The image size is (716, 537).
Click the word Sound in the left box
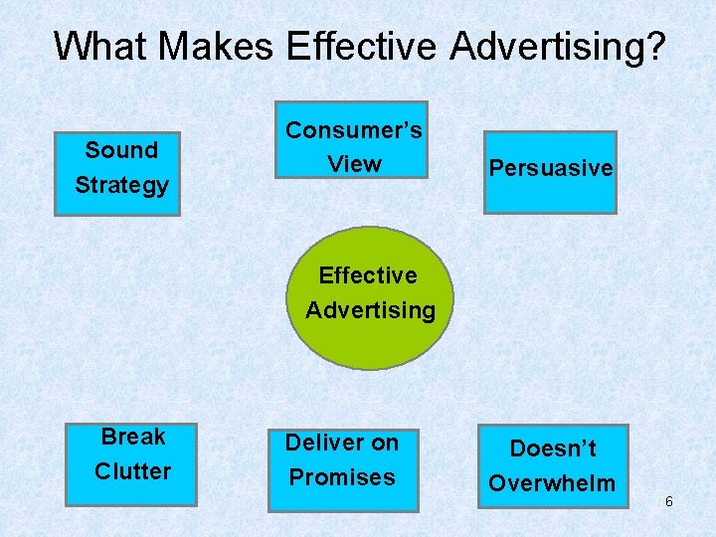tap(121, 150)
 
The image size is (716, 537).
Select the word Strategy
tap(121, 185)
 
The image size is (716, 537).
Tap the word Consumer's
tap(354, 130)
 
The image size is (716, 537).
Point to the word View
tap(354, 164)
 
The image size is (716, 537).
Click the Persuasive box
tap(550, 171)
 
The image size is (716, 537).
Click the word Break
tap(133, 437)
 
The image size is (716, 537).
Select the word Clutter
tap(133, 471)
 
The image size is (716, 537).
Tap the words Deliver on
tap(342, 443)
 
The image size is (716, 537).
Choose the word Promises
tap(342, 477)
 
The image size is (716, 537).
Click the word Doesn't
tap(553, 448)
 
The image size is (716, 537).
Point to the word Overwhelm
tap(552, 483)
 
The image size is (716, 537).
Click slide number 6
tap(669, 502)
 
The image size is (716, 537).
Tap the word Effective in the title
tap(362, 46)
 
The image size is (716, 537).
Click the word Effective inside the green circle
tap(368, 275)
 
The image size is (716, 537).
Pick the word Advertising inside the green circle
tap(370, 310)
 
